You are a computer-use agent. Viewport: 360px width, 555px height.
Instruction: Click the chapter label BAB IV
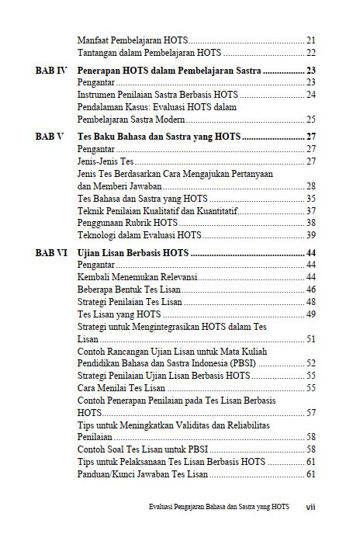[x=51, y=71]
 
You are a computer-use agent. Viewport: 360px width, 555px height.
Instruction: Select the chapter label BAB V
[x=50, y=137]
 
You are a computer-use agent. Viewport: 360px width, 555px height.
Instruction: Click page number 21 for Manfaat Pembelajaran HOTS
[x=310, y=40]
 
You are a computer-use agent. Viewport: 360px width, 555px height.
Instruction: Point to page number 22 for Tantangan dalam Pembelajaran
[x=310, y=53]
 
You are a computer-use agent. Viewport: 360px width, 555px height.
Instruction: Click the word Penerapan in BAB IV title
[x=102, y=71]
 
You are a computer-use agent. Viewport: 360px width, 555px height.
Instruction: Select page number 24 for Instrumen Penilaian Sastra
[x=310, y=95]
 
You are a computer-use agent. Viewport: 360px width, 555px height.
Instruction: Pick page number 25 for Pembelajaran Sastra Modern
[x=310, y=120]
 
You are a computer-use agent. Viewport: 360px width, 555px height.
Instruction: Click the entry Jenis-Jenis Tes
[x=106, y=161]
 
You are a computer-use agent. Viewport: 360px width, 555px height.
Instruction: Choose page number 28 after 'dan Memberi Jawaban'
[x=310, y=186]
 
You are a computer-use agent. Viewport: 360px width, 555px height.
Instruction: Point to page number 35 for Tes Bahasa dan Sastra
[x=310, y=199]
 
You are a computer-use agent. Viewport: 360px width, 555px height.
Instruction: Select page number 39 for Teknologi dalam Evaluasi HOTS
[x=310, y=235]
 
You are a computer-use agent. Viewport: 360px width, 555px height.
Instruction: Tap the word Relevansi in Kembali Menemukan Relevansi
[x=176, y=277]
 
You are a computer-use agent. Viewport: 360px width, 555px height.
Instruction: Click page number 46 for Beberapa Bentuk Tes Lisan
[x=310, y=290]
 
